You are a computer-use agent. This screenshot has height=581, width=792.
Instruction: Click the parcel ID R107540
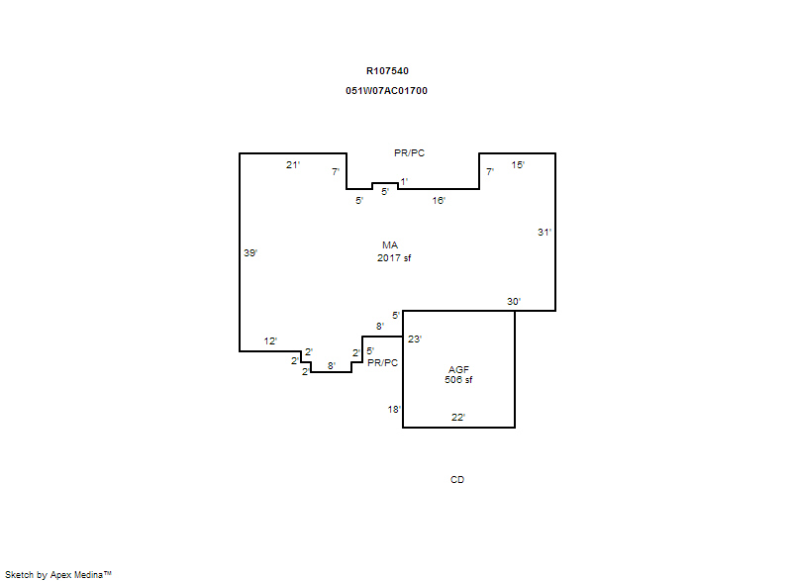click(x=387, y=71)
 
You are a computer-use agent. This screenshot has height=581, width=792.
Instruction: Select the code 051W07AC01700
click(x=386, y=91)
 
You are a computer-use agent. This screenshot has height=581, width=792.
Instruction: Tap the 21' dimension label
click(x=293, y=165)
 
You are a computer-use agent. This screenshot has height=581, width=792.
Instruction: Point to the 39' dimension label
click(x=250, y=253)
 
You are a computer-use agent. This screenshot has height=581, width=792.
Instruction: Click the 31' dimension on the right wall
click(x=544, y=233)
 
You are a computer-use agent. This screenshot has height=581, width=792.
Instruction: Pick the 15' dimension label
click(x=518, y=165)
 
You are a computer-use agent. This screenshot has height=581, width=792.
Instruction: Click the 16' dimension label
click(x=439, y=201)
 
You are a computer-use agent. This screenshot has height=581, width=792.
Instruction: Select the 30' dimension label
click(x=514, y=302)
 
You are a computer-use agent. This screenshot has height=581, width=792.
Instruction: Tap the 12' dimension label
click(x=270, y=341)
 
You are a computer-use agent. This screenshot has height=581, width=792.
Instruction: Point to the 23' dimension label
click(x=415, y=339)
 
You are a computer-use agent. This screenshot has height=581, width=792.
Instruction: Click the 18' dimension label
click(x=394, y=410)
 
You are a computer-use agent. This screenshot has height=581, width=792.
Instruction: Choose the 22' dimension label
click(x=458, y=418)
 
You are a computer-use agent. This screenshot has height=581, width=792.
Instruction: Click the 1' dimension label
click(x=404, y=182)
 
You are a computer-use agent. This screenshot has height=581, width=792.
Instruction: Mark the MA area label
click(x=390, y=245)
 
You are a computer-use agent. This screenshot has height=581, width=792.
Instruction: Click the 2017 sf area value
click(x=394, y=258)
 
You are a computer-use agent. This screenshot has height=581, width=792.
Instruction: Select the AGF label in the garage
click(x=458, y=370)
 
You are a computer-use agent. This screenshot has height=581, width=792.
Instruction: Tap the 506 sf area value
click(x=458, y=380)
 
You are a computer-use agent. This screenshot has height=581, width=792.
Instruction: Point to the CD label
click(x=457, y=479)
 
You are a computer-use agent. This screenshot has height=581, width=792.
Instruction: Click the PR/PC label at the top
click(x=409, y=153)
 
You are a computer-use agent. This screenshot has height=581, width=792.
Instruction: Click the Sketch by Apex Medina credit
click(x=58, y=574)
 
